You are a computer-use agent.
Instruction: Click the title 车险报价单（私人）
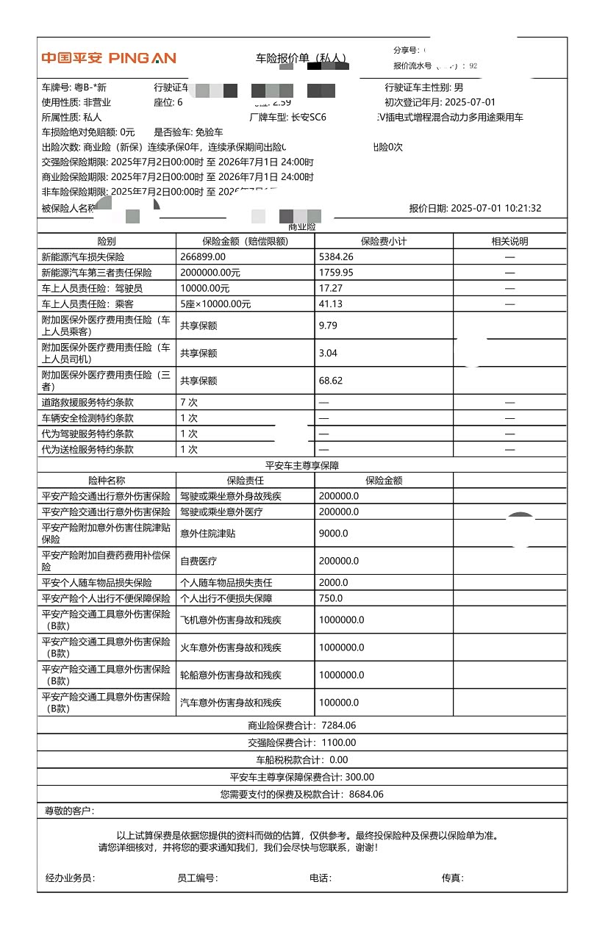pos(301,58)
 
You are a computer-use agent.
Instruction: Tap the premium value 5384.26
pos(336,257)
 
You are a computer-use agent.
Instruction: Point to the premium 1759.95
pos(336,273)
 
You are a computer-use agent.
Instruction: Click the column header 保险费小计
pos(383,241)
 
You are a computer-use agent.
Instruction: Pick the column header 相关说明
pos(509,241)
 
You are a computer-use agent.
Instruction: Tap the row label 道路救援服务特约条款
pos(87,403)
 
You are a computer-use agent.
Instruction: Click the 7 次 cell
pos(189,403)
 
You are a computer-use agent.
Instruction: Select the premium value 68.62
pos(331,381)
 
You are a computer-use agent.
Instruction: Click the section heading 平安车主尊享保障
pos(302,465)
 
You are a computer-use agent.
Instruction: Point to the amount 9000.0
pos(334,534)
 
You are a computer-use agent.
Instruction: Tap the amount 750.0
pos(331,598)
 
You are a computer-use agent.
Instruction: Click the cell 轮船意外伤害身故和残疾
pos(231,675)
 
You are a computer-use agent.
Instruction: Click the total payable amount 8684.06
pos(366,795)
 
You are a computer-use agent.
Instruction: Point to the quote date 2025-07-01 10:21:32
pos(496,208)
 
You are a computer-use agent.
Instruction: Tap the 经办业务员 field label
pos(70,878)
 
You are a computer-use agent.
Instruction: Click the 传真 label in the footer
pos(452,878)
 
